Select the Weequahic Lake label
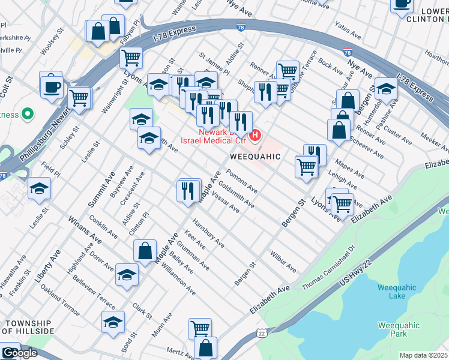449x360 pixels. click(397, 292)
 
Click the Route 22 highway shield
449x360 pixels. click(262, 333)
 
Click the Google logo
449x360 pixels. click(19, 353)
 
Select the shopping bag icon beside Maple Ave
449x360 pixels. click(145, 251)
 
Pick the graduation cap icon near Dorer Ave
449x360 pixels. click(127, 275)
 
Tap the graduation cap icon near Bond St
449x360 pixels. click(113, 322)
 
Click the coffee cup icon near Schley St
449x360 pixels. click(51, 86)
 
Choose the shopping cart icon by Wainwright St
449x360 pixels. click(79, 98)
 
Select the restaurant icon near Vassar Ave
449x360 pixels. click(188, 191)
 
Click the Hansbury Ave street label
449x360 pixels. click(209, 236)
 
